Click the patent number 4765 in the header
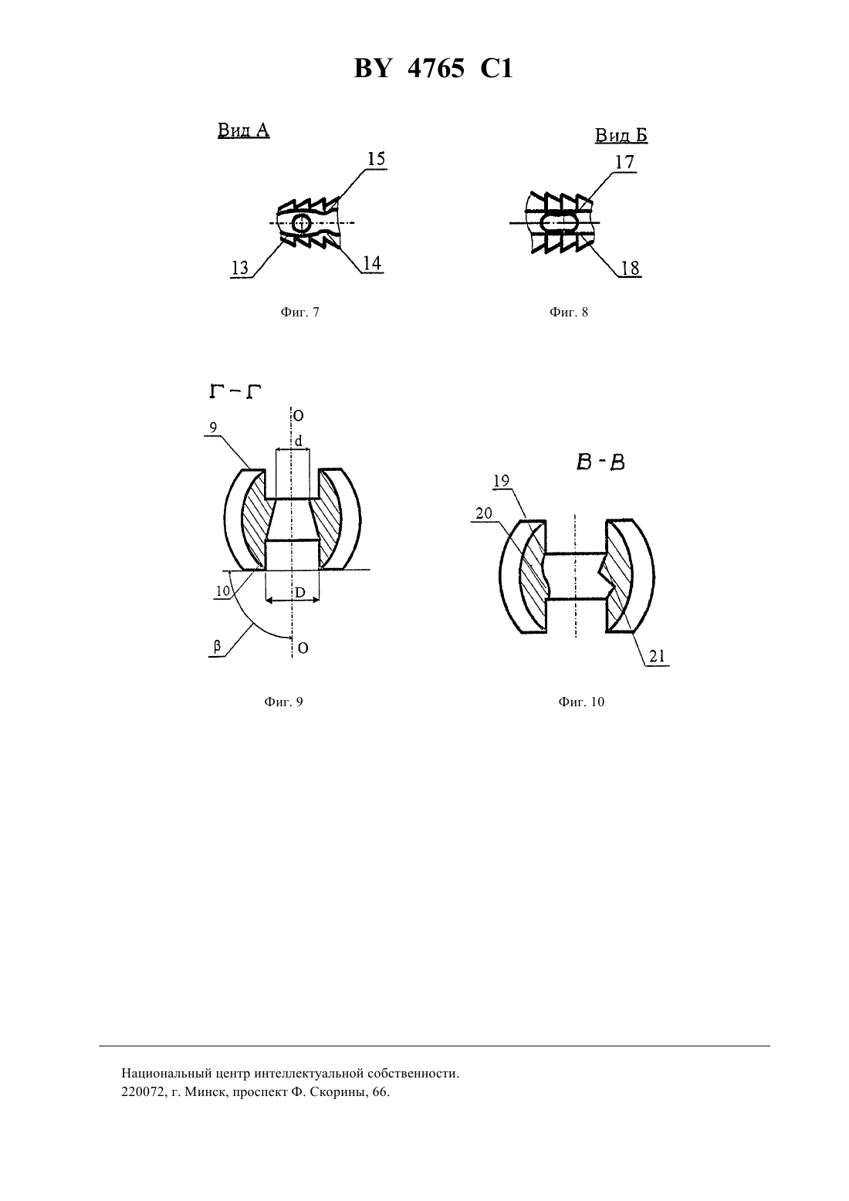pos(436,69)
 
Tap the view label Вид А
pos(243,130)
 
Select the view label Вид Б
pos(621,135)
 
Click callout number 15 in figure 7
pos(377,159)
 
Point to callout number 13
pos(240,268)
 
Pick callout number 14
pos(372,262)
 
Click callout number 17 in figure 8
pos(624,162)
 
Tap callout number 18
pos(631,268)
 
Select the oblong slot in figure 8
pos(560,222)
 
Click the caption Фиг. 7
pos(299,312)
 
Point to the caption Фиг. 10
pos(581,702)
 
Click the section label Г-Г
pos(235,392)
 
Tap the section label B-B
pos(600,462)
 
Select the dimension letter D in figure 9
pos(299,593)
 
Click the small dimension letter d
pos(299,441)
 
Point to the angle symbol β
pos(217,647)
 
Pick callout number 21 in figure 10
pos(657,656)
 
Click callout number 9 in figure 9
pos(213,428)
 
